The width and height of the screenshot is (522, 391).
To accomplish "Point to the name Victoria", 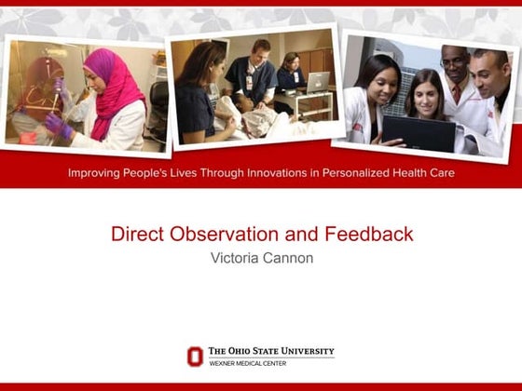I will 238,257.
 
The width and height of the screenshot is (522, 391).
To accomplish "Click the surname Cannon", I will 290,257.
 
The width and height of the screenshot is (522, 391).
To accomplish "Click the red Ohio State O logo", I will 195,356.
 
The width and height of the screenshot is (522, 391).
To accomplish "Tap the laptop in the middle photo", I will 319,82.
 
